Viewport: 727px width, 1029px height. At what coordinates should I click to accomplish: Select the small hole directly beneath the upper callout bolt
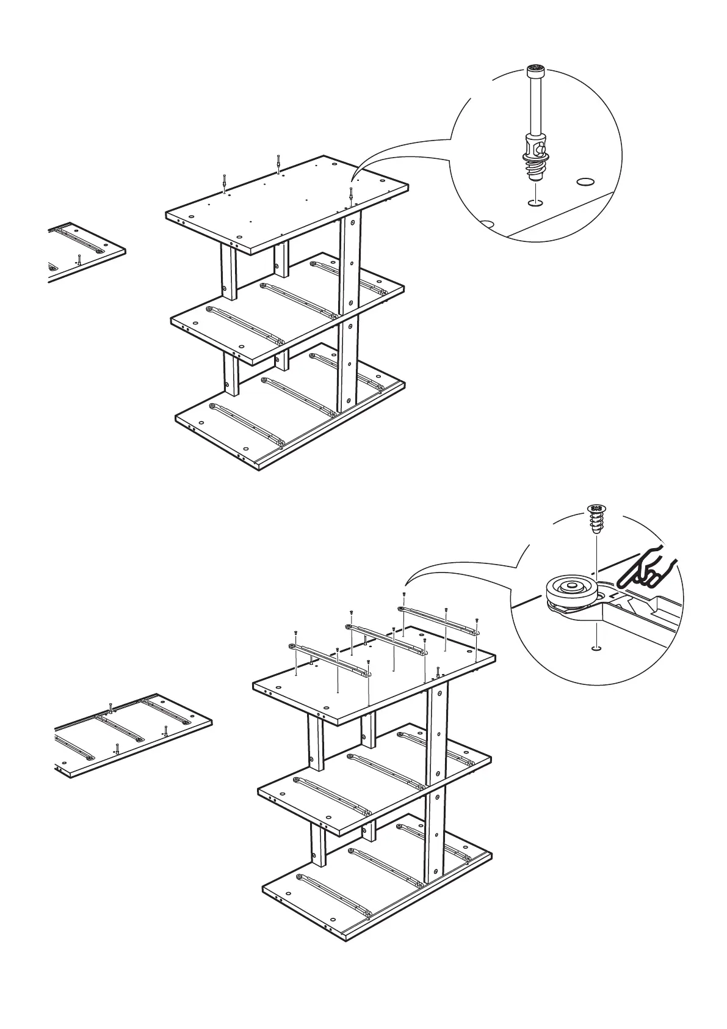(535, 202)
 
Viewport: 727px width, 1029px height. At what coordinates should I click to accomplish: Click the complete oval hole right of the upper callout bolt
(585, 181)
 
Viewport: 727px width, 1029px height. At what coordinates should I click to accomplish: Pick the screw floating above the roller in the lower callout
(596, 519)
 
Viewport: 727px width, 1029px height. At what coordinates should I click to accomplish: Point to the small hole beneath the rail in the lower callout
(596, 648)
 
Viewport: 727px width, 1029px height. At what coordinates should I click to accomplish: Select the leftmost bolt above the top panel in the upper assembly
(225, 183)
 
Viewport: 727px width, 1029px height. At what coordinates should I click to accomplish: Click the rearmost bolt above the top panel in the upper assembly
(278, 164)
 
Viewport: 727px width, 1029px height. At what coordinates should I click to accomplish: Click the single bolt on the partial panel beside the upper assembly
(79, 258)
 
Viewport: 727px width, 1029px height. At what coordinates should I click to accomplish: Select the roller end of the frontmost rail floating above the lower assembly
(292, 646)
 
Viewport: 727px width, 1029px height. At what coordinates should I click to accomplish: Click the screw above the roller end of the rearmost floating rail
(404, 595)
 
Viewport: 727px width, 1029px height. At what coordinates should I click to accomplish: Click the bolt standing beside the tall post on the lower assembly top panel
(438, 673)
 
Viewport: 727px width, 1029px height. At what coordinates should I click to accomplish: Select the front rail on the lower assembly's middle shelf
(333, 796)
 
